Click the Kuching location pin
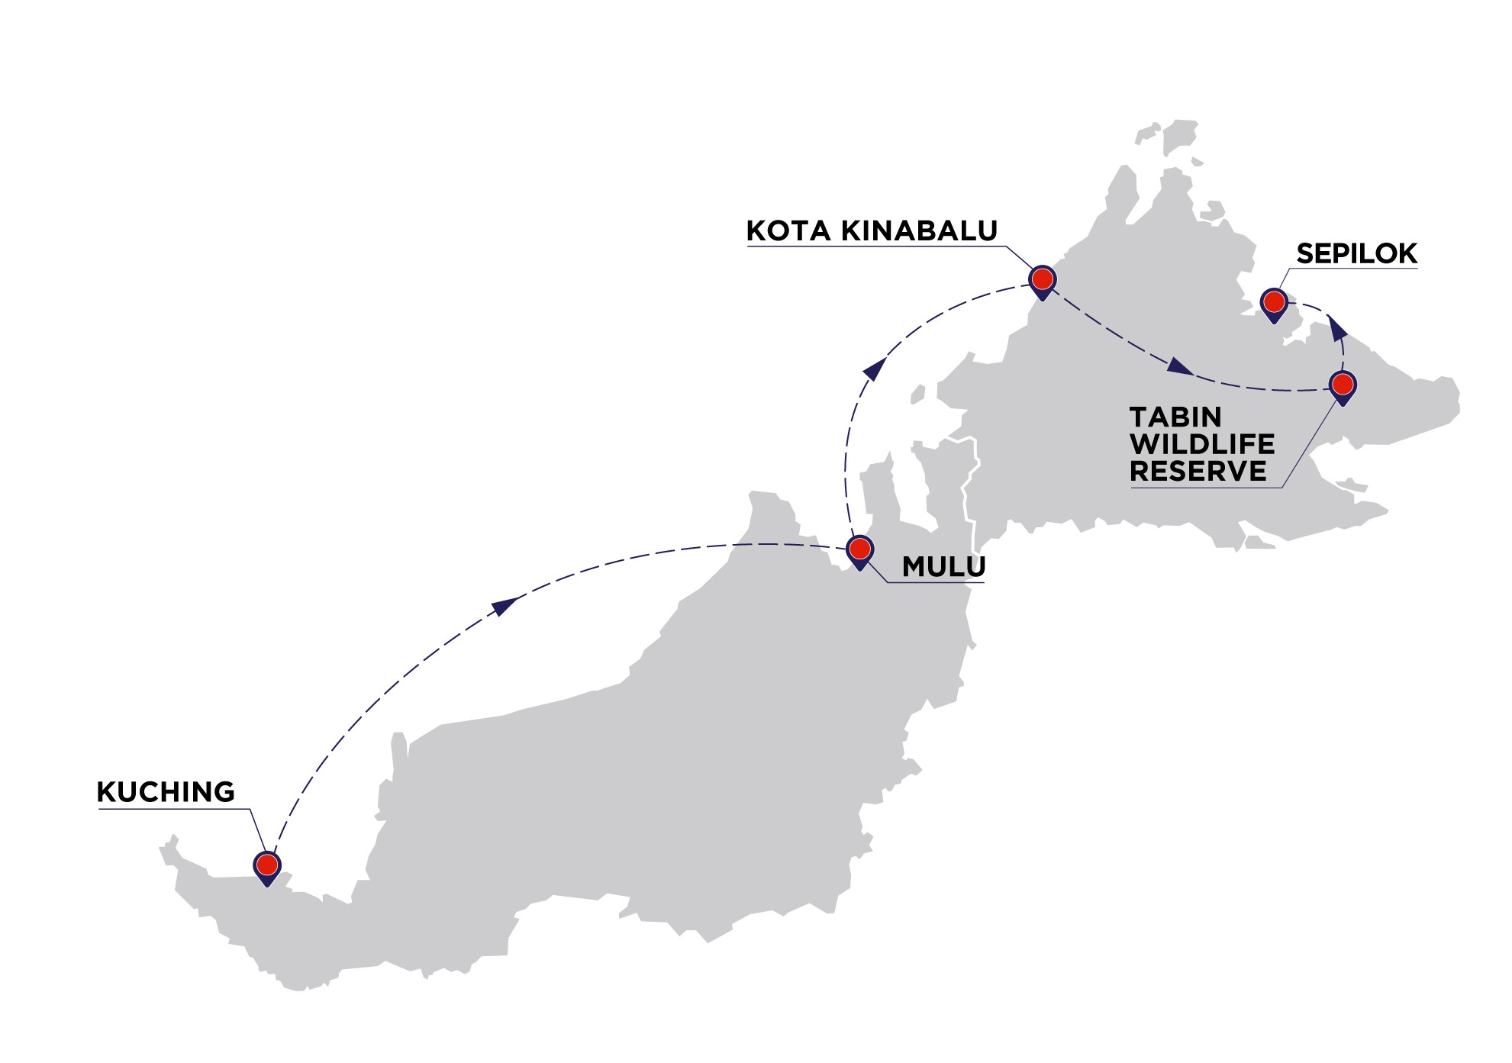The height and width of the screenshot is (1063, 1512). coord(267,866)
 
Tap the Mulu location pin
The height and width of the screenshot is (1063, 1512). coord(860,550)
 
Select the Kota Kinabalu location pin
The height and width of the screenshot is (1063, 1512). coord(1043,280)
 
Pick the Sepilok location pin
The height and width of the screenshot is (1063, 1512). coord(1274,303)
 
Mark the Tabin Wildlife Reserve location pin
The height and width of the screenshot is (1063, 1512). coord(1343,385)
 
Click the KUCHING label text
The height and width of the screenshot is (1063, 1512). coord(166,792)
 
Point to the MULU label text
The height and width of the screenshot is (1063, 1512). coord(943,566)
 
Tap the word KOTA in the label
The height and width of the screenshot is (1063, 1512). coord(788,230)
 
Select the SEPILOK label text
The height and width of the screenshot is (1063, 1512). coord(1356,253)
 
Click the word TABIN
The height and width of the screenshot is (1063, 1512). coord(1175,417)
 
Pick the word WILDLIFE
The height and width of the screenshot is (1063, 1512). coord(1202,444)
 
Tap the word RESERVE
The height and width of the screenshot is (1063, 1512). coord(1198,472)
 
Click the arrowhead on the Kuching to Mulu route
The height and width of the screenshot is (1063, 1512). coord(505,606)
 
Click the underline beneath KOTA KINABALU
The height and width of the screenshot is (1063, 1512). coord(874,247)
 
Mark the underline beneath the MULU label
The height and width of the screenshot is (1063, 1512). coord(935,583)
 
